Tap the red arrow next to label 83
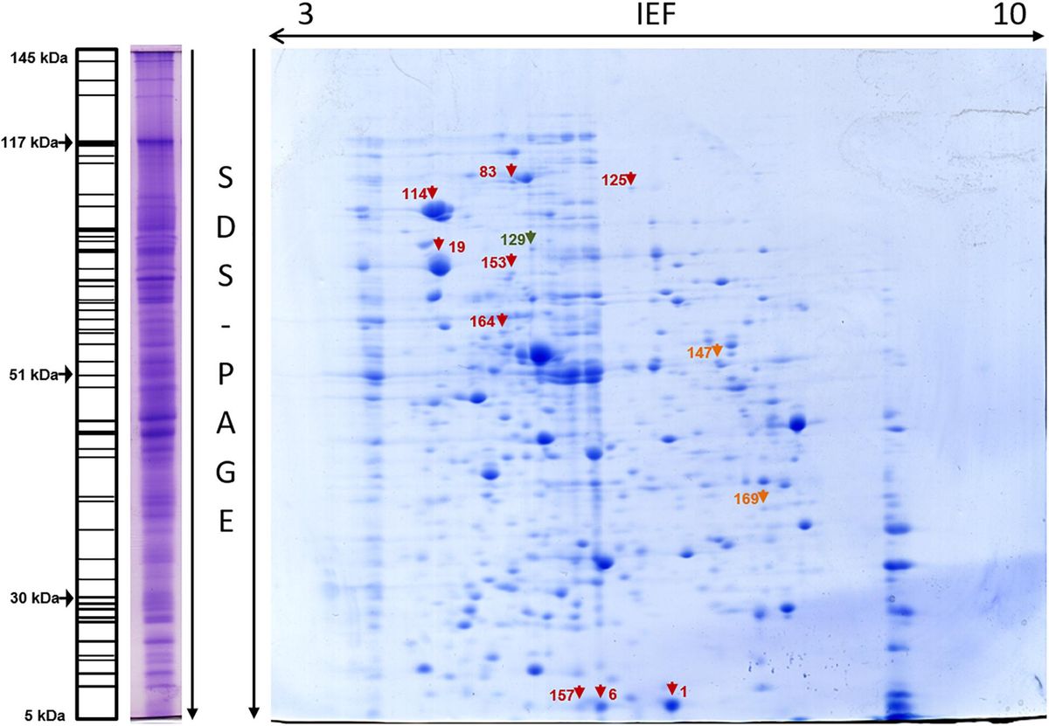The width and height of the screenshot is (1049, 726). pos(512,170)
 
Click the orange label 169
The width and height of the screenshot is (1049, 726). pos(745,499)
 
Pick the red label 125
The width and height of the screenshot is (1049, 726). pos(614,180)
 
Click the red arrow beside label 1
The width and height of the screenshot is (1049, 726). pos(671,688)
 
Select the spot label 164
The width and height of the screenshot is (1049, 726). pos(483,322)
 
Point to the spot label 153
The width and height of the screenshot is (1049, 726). pos(494,261)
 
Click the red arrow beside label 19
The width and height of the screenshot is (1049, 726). pos(438,245)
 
